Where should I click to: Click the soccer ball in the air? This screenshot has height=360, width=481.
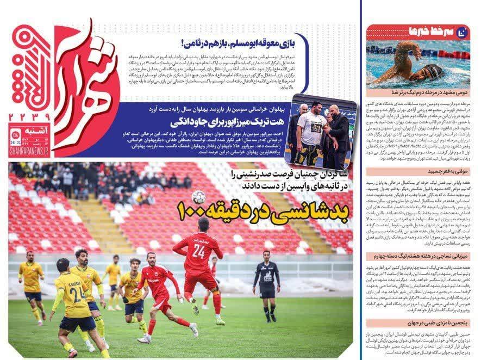(x=198, y=197)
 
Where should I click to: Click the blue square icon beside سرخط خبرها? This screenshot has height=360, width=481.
(x=463, y=32)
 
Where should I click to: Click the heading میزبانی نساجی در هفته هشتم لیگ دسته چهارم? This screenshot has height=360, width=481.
(x=421, y=255)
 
